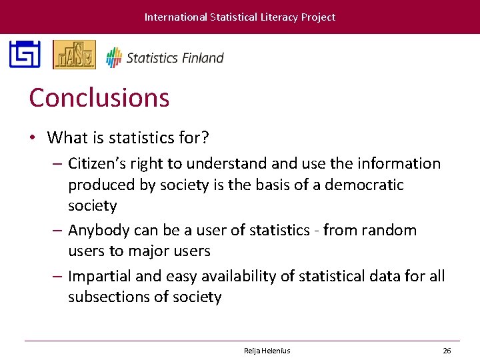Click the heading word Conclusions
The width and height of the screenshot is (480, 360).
[99, 98]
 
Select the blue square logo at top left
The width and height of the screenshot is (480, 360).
[25, 55]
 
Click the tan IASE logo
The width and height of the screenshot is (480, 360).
[74, 55]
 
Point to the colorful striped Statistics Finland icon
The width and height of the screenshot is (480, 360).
[114, 57]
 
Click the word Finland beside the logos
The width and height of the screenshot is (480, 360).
[202, 58]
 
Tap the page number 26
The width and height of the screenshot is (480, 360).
[447, 351]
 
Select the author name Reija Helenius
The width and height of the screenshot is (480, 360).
[267, 351]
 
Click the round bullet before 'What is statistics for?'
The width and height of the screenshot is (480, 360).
[32, 139]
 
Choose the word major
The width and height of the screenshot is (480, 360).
[136, 251]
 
